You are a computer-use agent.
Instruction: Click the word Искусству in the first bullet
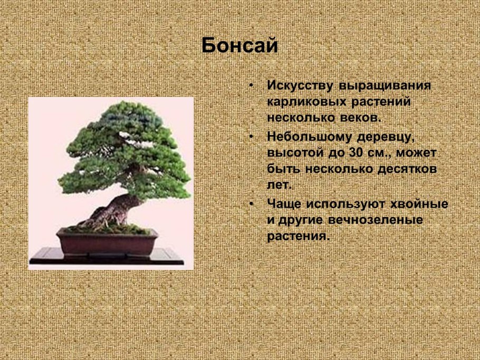pos(300,85)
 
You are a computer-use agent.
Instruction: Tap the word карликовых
pos(303,101)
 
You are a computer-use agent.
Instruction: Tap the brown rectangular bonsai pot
pos(108,243)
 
